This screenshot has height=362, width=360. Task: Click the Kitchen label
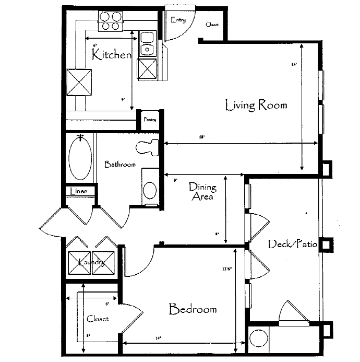tap(111, 54)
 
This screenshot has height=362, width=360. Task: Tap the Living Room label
tap(256, 105)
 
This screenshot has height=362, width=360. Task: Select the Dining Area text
tap(202, 191)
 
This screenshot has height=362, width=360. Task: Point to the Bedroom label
tap(193, 309)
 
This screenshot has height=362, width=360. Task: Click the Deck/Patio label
tap(293, 244)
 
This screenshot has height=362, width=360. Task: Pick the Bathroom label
tap(120, 164)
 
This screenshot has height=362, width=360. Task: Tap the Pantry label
tap(150, 120)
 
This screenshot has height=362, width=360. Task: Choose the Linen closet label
tap(79, 192)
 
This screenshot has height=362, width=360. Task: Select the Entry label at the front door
tap(178, 20)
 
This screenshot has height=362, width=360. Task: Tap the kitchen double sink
tap(147, 43)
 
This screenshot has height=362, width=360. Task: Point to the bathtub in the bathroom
tap(80, 157)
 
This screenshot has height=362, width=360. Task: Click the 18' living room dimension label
tap(201, 137)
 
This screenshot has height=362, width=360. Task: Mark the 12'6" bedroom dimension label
tap(226, 270)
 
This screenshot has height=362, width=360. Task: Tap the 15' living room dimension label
tap(294, 65)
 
